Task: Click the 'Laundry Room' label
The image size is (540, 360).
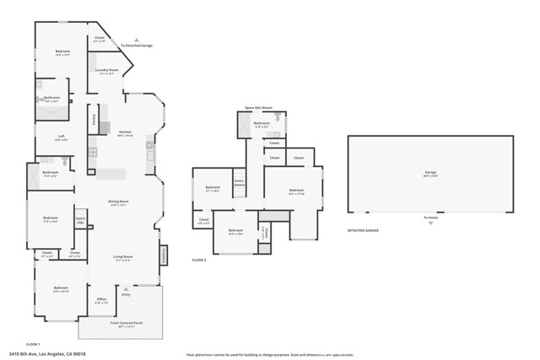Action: point(105,70)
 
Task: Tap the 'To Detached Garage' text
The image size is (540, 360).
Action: point(136,46)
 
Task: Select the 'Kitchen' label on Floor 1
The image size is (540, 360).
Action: point(125,132)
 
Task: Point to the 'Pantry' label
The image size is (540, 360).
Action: point(94,119)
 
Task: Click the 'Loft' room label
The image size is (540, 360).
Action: point(62,137)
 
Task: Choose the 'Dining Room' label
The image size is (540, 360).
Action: point(117,201)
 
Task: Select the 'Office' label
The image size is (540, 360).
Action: point(101,299)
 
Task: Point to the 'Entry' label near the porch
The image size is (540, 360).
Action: point(126,294)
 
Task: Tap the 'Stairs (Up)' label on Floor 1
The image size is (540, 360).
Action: point(81,220)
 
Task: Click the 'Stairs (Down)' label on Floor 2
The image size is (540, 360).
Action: point(239,182)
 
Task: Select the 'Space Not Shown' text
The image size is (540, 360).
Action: point(258,108)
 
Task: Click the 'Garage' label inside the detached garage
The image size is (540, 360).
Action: point(430,172)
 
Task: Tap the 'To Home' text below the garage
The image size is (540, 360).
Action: point(430,218)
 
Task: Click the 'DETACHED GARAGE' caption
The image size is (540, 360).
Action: point(363,230)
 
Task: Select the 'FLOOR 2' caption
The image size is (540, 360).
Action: point(199,260)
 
